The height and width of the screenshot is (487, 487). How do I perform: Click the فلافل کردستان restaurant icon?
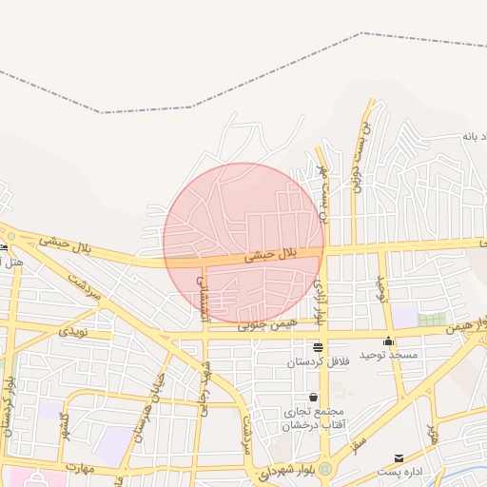pyautogui.click(x=318, y=347)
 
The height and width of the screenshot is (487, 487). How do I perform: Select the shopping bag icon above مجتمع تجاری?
pyautogui.click(x=313, y=397)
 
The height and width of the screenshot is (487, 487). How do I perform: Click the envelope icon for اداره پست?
pyautogui.click(x=399, y=458)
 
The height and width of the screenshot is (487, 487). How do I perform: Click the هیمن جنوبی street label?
pyautogui.click(x=267, y=325)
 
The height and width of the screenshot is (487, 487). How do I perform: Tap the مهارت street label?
pyautogui.click(x=84, y=467)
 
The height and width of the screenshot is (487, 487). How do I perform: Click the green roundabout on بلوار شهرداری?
pyautogui.click(x=326, y=470)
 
